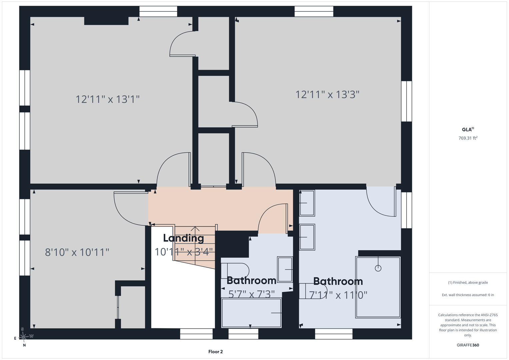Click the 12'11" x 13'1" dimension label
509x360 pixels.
tap(107, 99)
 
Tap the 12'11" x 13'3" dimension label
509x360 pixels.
tap(327, 95)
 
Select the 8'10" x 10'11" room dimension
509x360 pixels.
tap(77, 252)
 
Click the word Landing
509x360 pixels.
tap(184, 238)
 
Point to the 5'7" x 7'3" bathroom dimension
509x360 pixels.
tap(252, 294)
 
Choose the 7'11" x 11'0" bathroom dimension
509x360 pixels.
tap(338, 295)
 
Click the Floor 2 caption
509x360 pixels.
tap(215, 352)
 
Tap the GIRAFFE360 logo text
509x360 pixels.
tap(468, 345)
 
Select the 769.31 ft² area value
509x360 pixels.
tap(468, 138)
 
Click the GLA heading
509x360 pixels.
tap(468, 129)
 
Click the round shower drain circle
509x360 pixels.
tap(378, 268)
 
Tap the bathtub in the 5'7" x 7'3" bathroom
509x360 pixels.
tap(251, 313)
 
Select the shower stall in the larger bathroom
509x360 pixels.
tap(378, 287)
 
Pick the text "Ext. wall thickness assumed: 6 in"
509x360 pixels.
tap(468, 295)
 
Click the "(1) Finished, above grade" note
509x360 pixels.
tap(468, 283)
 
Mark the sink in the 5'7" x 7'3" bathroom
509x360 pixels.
tap(285, 270)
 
